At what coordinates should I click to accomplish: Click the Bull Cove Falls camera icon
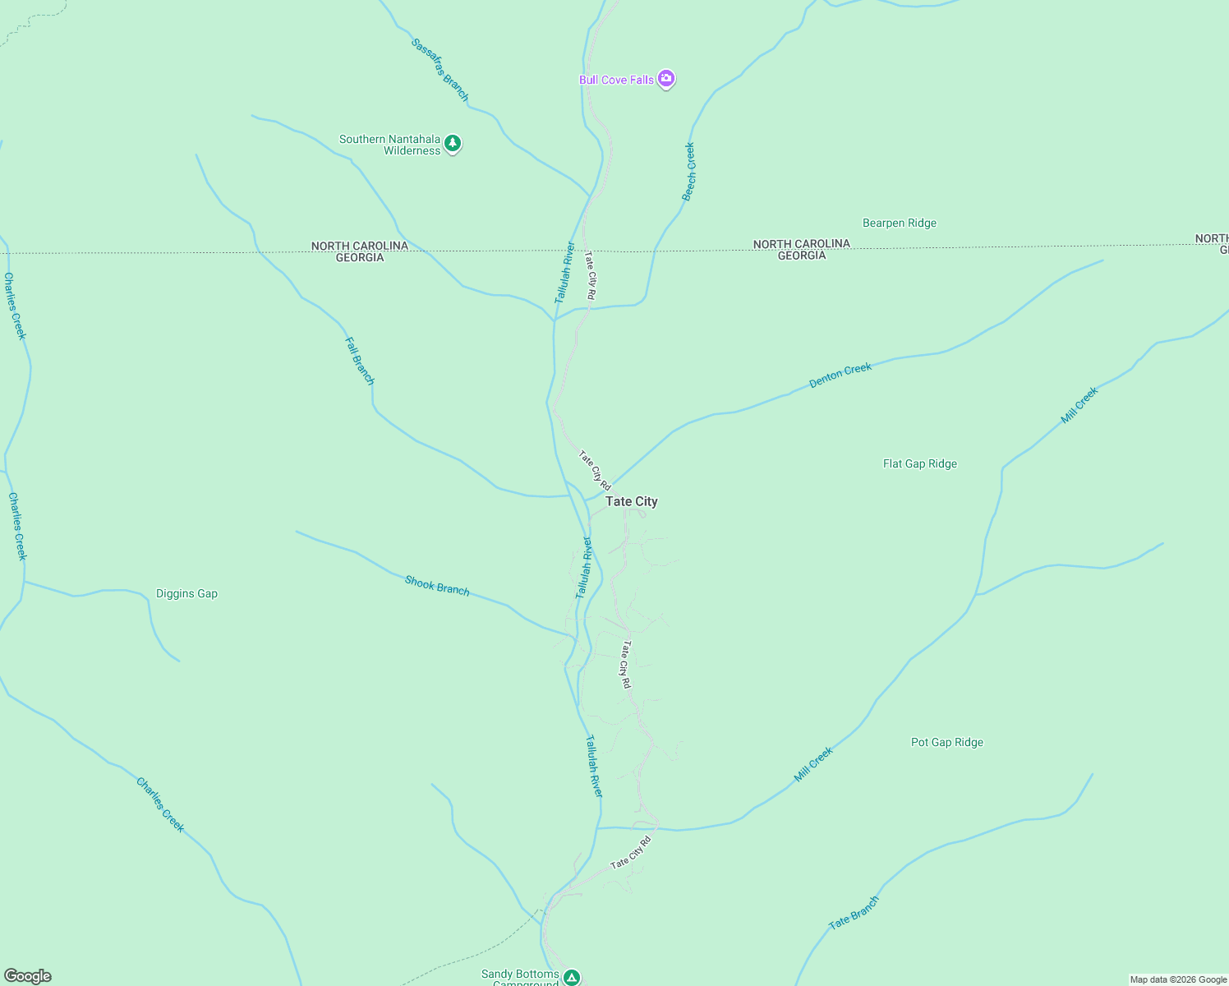[666, 79]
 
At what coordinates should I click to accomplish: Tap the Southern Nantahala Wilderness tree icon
[452, 144]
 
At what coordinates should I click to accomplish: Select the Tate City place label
[631, 501]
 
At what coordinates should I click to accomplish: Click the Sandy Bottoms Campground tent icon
[572, 977]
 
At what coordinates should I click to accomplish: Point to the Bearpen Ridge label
[899, 223]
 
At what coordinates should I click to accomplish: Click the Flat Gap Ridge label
[919, 463]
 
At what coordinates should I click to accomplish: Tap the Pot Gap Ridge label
[946, 742]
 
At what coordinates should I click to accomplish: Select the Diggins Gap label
[186, 593]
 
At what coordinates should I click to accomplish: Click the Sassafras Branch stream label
[440, 70]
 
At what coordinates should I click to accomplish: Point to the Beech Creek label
[689, 172]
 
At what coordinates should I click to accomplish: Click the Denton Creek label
[840, 375]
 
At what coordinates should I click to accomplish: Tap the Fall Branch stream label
[359, 361]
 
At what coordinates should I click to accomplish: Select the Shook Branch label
[437, 585]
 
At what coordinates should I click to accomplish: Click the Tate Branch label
[854, 912]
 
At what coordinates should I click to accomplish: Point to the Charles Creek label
[160, 804]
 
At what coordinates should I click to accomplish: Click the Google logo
[28, 976]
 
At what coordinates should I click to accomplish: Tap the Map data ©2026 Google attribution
[1178, 979]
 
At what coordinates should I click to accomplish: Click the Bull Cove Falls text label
[616, 80]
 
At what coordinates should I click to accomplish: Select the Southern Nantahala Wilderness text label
[390, 145]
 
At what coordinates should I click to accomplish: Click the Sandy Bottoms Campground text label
[520, 978]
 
